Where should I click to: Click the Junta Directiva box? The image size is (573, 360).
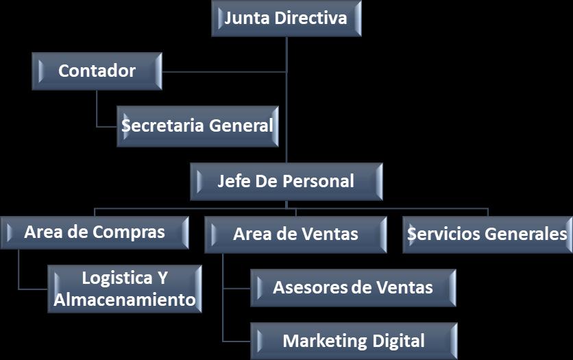coord(286,19)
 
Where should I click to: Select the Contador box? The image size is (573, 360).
coord(97,71)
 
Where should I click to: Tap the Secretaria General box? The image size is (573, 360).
coord(197,126)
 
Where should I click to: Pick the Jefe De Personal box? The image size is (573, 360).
coord(286,182)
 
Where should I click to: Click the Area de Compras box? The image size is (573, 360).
coord(95,232)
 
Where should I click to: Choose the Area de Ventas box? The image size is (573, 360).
coord(295,235)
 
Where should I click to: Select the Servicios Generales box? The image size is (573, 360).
coord(487,235)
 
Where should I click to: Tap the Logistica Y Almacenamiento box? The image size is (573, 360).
coord(125,289)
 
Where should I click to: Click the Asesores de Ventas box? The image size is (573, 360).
coord(353,287)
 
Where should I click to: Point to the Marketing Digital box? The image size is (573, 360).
coord(353,341)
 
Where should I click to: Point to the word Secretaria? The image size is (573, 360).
coord(162,126)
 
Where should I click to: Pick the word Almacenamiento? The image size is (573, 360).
coord(125,300)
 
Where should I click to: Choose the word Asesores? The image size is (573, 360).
coord(310,287)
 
